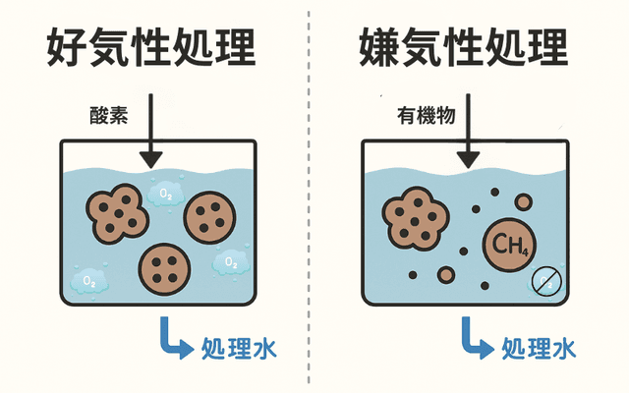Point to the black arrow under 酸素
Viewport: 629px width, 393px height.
[149, 138]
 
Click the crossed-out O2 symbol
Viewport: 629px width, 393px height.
[545, 282]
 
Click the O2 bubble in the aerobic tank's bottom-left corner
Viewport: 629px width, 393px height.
[89, 282]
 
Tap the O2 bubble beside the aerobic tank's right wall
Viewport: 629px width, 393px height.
[230, 262]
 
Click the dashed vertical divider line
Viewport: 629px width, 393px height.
[311, 196]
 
